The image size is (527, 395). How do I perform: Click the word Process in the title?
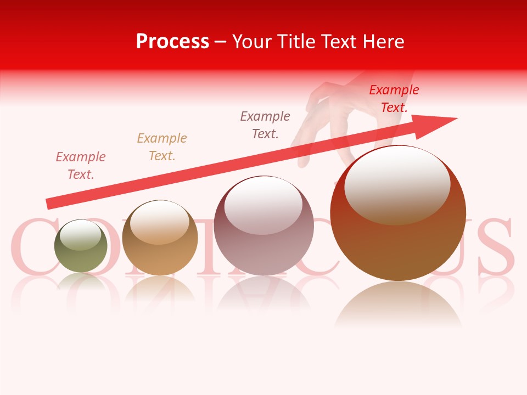coord(172,41)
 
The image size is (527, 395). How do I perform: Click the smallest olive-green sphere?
coord(81,246)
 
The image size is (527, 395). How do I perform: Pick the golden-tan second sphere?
coord(160,238)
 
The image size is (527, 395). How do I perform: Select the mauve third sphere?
coord(263,225)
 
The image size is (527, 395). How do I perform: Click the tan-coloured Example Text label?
coord(161,146)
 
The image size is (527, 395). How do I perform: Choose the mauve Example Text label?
coord(265,125)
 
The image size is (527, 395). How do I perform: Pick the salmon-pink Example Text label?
coord(80,165)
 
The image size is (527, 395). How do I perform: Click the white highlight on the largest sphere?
coord(397,184)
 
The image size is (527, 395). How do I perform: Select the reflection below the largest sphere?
coord(398,304)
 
